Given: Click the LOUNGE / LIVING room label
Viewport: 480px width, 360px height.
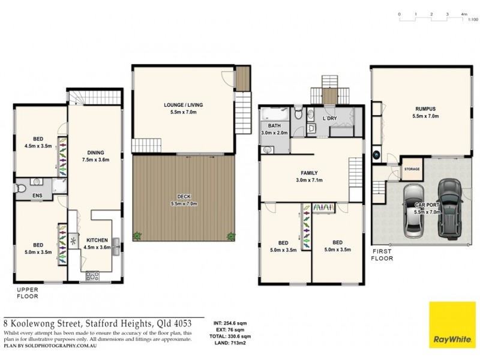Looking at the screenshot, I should (x=183, y=105).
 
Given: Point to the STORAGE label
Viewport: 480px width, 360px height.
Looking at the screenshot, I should (x=412, y=169).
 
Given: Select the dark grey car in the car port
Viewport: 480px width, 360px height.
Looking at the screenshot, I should (x=448, y=207).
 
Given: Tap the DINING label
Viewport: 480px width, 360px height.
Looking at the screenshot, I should (x=95, y=152).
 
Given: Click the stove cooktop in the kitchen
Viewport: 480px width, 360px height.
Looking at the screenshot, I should (x=94, y=276).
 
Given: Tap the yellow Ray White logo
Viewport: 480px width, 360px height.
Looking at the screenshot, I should (x=451, y=324).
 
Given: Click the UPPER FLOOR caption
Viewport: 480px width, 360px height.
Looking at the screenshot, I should (x=28, y=292).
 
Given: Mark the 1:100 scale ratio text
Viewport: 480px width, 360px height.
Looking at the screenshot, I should (x=472, y=20).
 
